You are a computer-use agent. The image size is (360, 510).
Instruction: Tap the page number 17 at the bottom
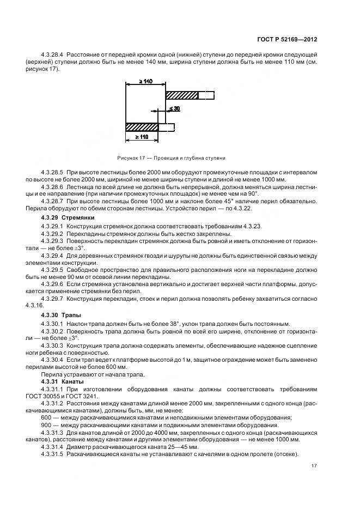tap(314, 465)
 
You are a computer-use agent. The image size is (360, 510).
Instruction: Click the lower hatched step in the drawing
tap(142, 127)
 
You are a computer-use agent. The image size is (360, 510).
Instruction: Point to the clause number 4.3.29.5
tap(52, 269)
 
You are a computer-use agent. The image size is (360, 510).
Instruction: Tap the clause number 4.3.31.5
tap(52, 454)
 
